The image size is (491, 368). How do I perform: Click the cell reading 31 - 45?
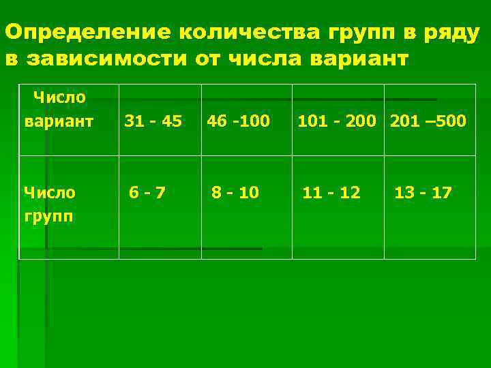click(x=152, y=121)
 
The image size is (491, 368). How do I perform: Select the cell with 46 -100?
click(x=238, y=121)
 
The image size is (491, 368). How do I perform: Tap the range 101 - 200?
click(x=336, y=121)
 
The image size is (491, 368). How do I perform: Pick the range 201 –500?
click(x=428, y=121)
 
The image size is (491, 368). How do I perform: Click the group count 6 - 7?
click(x=147, y=193)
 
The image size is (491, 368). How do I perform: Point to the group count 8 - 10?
click(x=235, y=193)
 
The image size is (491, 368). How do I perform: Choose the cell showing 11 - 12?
click(x=331, y=193)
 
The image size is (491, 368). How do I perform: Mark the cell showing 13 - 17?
click(x=423, y=193)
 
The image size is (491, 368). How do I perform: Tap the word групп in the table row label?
click(x=48, y=216)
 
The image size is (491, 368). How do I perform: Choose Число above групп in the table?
click(x=49, y=193)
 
